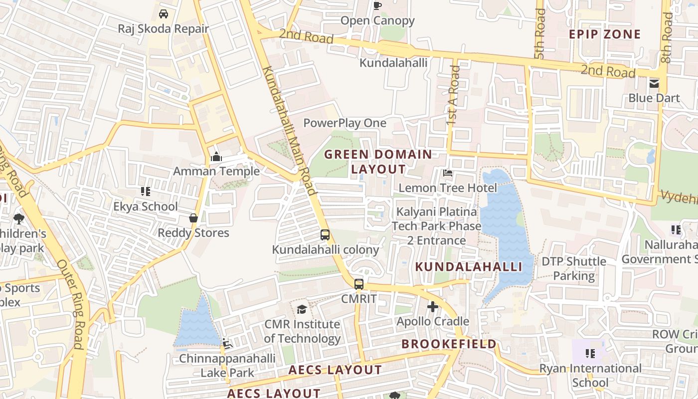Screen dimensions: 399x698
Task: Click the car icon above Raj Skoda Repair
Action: click(163, 13)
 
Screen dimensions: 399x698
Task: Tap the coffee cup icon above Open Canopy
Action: click(377, 6)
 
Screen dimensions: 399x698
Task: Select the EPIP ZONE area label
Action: click(605, 34)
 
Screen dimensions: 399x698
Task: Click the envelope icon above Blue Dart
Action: click(654, 83)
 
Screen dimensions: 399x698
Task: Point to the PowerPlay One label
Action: click(345, 123)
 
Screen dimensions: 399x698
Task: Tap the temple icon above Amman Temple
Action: click(216, 157)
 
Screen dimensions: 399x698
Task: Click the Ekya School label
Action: click(146, 206)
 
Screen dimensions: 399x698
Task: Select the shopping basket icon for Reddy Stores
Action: click(193, 218)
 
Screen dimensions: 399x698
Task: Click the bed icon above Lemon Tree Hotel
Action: click(448, 173)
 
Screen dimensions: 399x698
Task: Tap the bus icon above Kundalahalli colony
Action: click(325, 234)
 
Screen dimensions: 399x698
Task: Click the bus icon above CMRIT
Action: click(359, 284)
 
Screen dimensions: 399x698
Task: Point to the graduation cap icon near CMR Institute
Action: click(302, 310)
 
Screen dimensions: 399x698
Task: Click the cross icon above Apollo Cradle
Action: click(433, 307)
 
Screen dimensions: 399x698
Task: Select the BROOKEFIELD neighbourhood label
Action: click(449, 344)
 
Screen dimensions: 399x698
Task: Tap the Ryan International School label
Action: click(590, 376)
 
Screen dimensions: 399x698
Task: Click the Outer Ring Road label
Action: click(72, 304)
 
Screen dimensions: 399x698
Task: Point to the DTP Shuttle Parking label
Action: click(574, 268)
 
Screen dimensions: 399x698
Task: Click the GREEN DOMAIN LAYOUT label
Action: click(378, 162)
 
